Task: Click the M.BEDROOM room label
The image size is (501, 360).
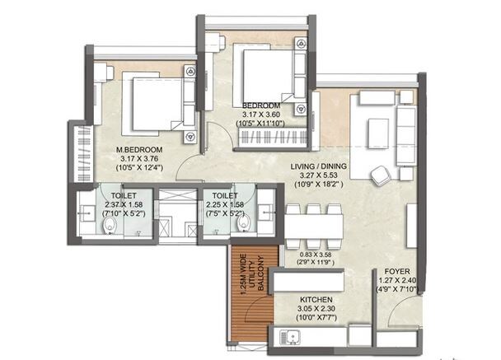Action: coord(139,149)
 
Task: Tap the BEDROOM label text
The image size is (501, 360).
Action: coord(261,106)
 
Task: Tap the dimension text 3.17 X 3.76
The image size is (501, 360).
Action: coord(139,159)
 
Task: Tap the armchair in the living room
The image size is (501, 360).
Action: coord(381,175)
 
